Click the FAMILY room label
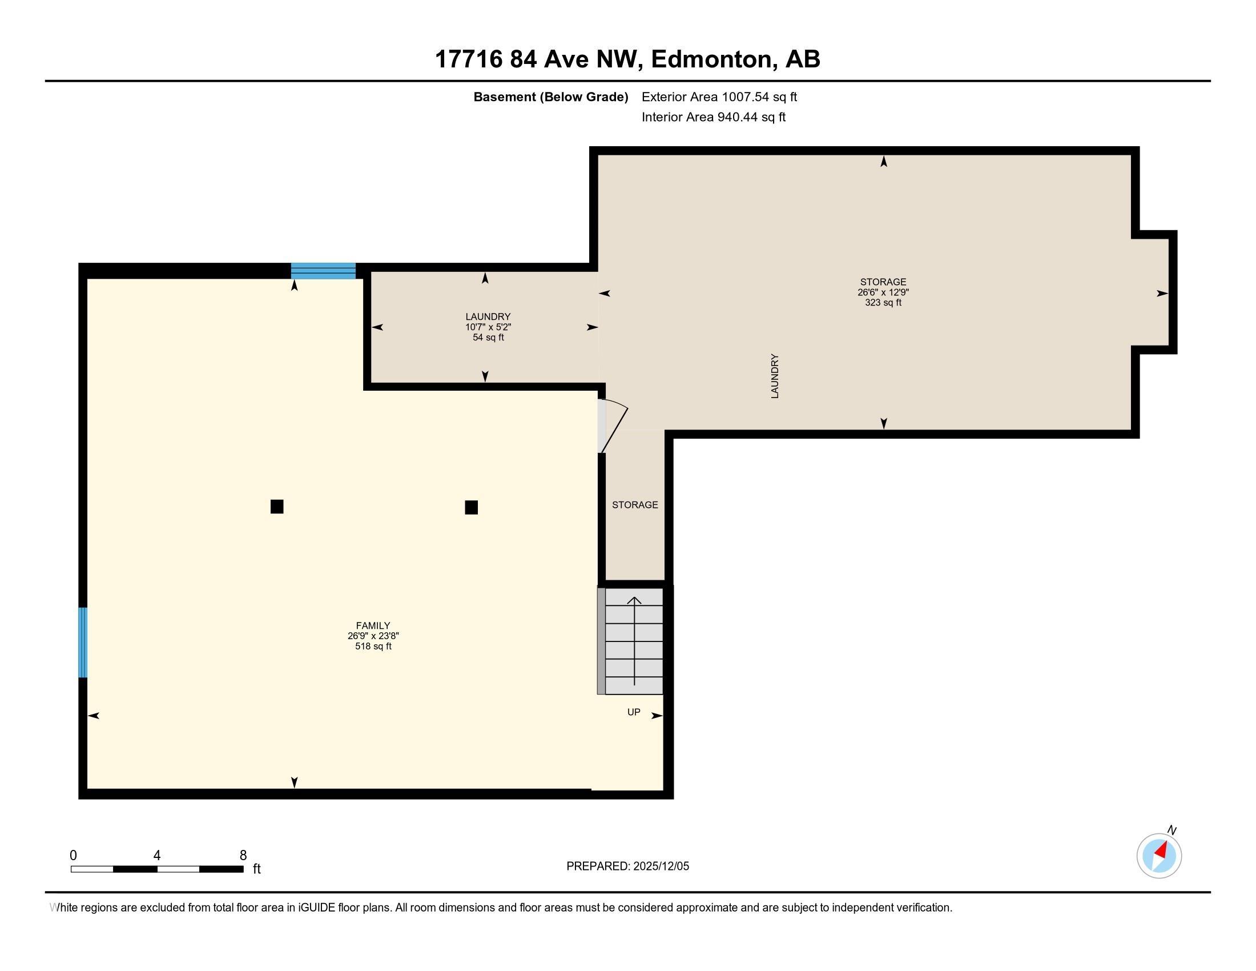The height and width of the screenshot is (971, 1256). [373, 625]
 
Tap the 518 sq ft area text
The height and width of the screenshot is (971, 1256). [373, 647]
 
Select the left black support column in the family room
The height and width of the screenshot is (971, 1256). [277, 507]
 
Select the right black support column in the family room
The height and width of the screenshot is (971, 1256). [471, 507]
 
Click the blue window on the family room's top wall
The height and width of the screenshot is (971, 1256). [323, 271]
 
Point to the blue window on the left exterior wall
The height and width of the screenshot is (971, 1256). [83, 643]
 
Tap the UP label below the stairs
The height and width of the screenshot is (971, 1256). [633, 712]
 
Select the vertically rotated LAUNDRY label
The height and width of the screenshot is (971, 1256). [775, 376]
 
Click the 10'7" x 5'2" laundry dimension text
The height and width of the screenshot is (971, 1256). [488, 327]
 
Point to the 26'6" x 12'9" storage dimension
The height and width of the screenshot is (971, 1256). [883, 292]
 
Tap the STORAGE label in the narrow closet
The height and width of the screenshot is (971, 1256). [634, 505]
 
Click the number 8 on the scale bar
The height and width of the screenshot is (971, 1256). [243, 856]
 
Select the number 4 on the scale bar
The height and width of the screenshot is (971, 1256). [156, 856]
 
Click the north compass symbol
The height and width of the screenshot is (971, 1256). [1159, 856]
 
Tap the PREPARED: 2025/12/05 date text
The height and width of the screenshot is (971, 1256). [627, 866]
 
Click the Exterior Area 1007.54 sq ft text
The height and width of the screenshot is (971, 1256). [719, 97]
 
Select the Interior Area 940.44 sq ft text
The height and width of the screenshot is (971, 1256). [713, 117]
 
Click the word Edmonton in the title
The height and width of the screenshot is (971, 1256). [711, 59]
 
